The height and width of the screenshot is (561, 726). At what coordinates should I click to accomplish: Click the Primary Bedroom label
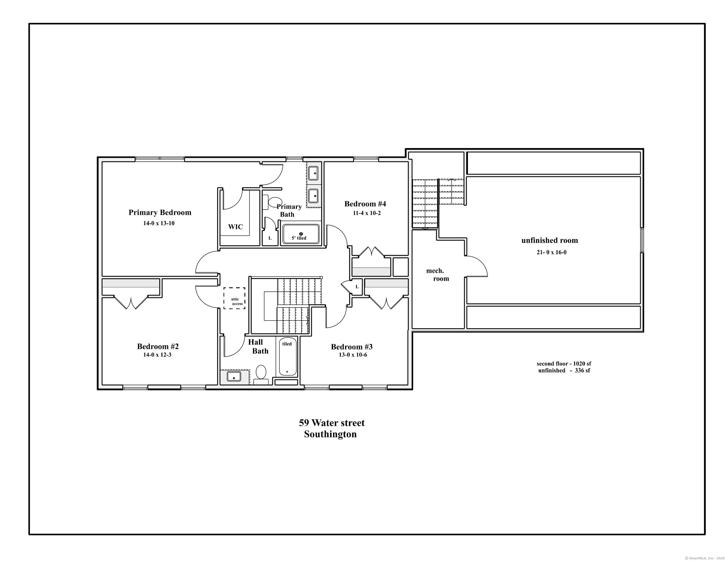coord(160,213)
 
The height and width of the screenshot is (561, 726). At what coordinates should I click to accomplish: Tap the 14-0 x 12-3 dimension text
coord(157,355)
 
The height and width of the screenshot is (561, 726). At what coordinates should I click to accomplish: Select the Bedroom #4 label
coord(365,204)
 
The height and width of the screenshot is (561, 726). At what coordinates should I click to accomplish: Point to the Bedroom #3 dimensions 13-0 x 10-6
coord(353,355)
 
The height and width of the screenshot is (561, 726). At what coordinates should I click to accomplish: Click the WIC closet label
coord(235,227)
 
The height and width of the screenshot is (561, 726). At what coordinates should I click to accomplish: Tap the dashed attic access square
coord(234,298)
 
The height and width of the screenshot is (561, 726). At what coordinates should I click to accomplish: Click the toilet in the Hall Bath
coord(261,375)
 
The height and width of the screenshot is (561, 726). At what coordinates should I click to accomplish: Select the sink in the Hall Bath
coord(234,376)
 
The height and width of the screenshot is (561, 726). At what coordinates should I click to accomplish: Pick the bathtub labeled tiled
coord(288,356)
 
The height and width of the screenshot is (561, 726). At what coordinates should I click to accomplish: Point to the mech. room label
coord(437,275)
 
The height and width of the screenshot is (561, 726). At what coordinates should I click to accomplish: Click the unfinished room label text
coord(549,240)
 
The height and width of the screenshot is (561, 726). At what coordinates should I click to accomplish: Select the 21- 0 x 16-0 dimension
coord(551,252)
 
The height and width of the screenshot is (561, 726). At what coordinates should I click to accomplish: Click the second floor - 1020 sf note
coord(564,364)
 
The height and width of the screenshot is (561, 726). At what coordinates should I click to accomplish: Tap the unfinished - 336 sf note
coord(564,370)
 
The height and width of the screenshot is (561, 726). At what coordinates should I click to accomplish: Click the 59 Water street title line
coord(332,423)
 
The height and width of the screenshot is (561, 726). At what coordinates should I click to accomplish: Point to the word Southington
coord(330,434)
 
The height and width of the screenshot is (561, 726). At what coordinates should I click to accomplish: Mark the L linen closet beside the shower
coord(270,238)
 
